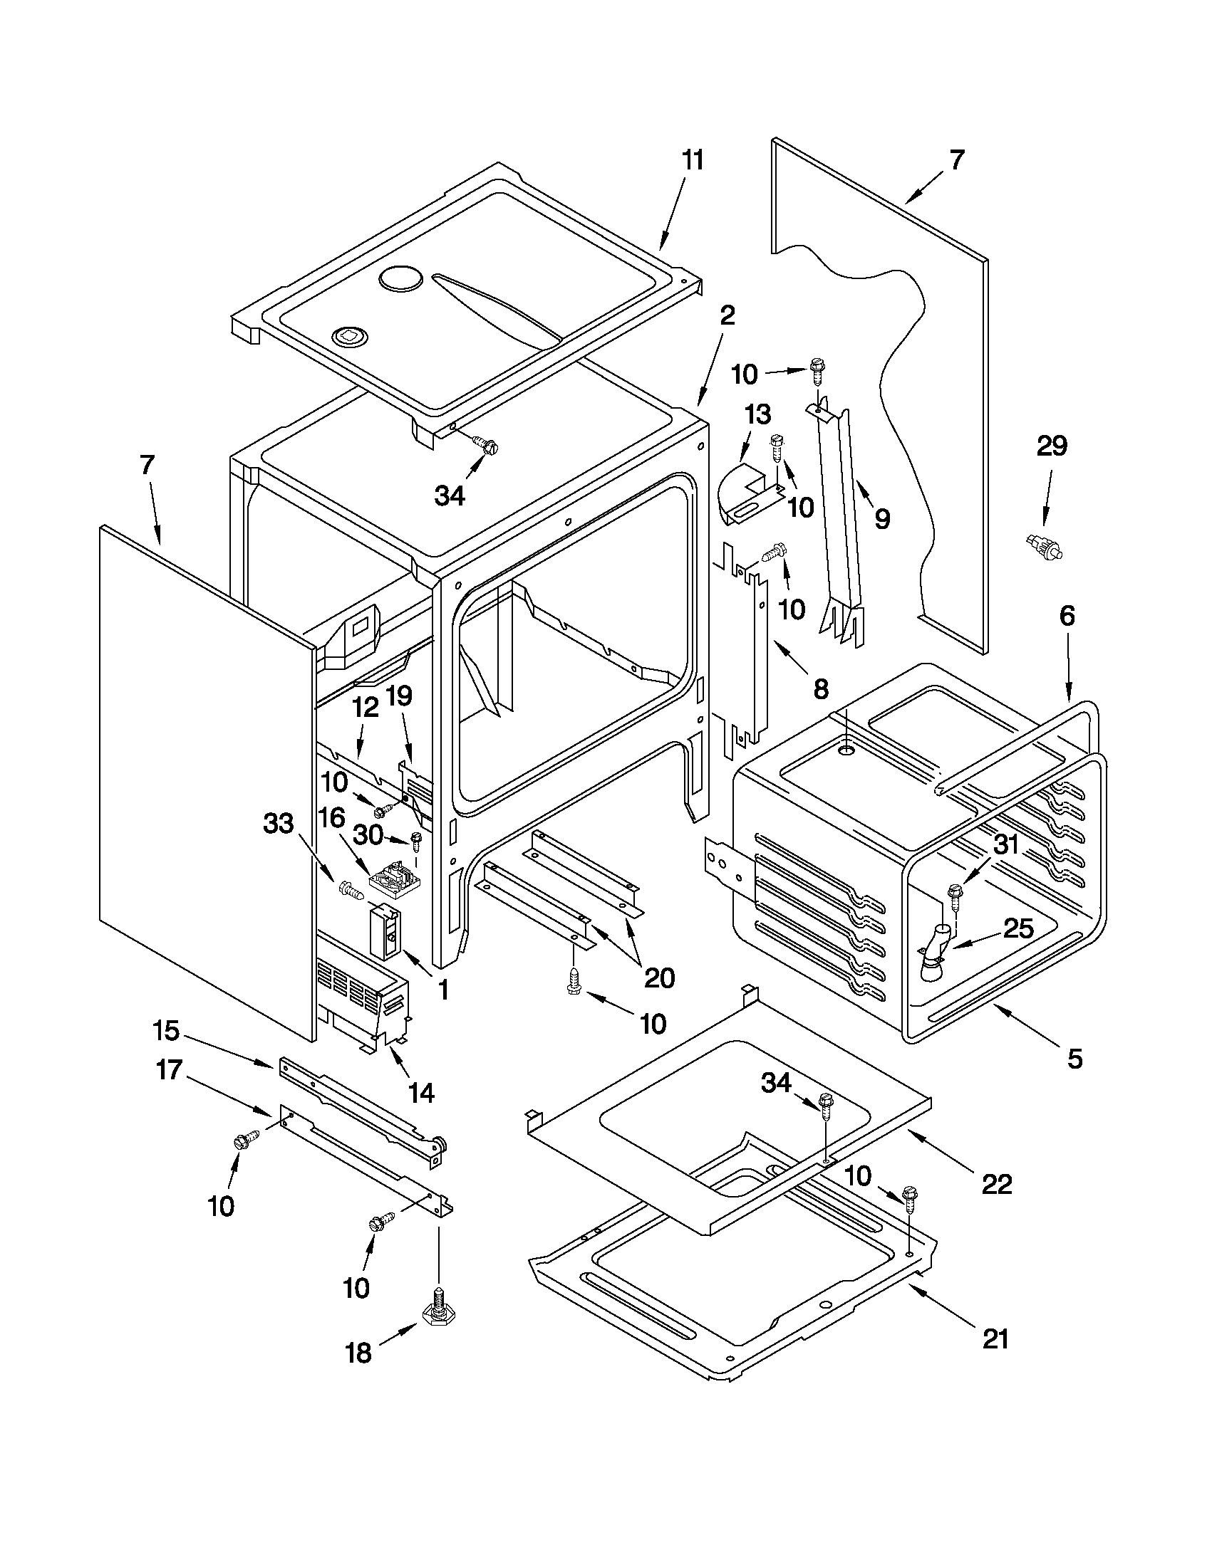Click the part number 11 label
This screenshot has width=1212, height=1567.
click(x=693, y=161)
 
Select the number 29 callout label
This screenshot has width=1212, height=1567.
click(x=1052, y=446)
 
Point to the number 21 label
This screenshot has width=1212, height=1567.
click(x=996, y=1359)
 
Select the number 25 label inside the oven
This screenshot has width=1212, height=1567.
click(x=1018, y=928)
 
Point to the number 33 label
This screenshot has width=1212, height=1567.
click(x=279, y=824)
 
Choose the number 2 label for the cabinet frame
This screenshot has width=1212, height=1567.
click(x=727, y=315)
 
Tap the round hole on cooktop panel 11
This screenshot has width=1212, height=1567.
click(x=402, y=280)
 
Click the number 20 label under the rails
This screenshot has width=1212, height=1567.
click(x=659, y=978)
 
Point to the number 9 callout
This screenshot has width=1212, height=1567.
click(x=881, y=518)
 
